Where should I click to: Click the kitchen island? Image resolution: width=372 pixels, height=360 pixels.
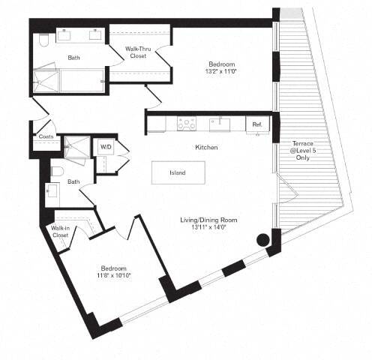[x=178, y=172]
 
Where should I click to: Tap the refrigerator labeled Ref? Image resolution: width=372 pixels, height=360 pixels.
[x=256, y=124]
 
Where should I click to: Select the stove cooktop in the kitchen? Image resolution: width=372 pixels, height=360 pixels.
[x=185, y=124]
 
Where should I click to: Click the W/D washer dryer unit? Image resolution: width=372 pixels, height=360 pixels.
[x=103, y=147]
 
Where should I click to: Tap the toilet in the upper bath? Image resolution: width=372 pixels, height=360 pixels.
[x=44, y=40]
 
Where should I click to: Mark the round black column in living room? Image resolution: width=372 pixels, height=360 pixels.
[x=262, y=241]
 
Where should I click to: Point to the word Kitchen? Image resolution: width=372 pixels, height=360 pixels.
[x=206, y=148]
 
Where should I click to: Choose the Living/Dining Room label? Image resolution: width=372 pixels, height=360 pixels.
[x=208, y=220]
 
